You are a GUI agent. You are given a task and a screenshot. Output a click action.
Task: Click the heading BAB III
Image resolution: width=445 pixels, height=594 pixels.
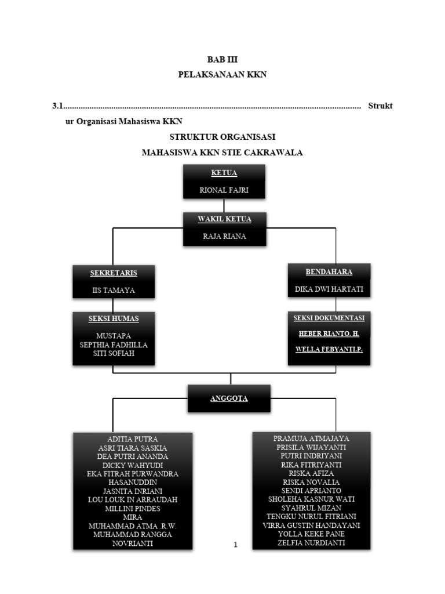222,59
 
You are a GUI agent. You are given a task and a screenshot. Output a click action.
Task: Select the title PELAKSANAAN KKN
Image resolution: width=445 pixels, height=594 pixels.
222,74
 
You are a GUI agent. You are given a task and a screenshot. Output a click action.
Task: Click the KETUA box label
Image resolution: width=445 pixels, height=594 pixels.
224,173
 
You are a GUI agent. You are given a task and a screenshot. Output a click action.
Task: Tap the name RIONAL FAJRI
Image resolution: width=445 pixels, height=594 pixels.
224,189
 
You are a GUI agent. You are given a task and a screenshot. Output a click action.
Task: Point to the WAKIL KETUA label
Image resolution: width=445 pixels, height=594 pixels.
224,219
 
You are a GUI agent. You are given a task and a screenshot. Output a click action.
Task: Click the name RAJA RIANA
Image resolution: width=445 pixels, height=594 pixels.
224,236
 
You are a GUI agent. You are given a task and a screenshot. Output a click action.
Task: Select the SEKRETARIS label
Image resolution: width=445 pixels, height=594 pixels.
113,273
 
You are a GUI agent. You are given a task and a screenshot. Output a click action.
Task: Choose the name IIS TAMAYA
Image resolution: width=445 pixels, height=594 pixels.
114,290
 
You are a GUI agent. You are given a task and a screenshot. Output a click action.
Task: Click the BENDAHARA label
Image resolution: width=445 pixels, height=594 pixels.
329,271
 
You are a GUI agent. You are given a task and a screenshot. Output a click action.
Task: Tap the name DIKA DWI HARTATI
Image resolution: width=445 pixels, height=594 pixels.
329,289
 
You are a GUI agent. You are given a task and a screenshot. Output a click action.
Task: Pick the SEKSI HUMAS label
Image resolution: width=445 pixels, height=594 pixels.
114,318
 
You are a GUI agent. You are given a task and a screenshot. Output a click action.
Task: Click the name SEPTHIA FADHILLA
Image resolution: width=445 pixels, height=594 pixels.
114,344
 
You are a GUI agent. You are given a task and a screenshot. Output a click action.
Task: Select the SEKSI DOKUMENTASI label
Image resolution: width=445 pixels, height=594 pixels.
329,318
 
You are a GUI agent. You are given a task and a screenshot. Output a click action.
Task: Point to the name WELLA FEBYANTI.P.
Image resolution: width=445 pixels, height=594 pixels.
329,350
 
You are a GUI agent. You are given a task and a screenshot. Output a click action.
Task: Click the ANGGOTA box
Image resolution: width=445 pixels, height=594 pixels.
229,399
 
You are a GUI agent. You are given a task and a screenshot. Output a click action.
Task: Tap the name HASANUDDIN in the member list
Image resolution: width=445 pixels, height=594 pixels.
132,481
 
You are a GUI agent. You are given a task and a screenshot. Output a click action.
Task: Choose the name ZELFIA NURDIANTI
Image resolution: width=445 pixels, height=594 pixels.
311,542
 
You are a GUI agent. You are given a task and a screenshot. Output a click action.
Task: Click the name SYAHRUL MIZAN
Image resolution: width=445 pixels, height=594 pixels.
311,507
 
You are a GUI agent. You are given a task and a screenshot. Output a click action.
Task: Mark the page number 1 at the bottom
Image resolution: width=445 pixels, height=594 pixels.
235,545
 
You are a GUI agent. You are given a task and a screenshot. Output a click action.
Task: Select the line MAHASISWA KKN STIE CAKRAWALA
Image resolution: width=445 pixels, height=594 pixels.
222,153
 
